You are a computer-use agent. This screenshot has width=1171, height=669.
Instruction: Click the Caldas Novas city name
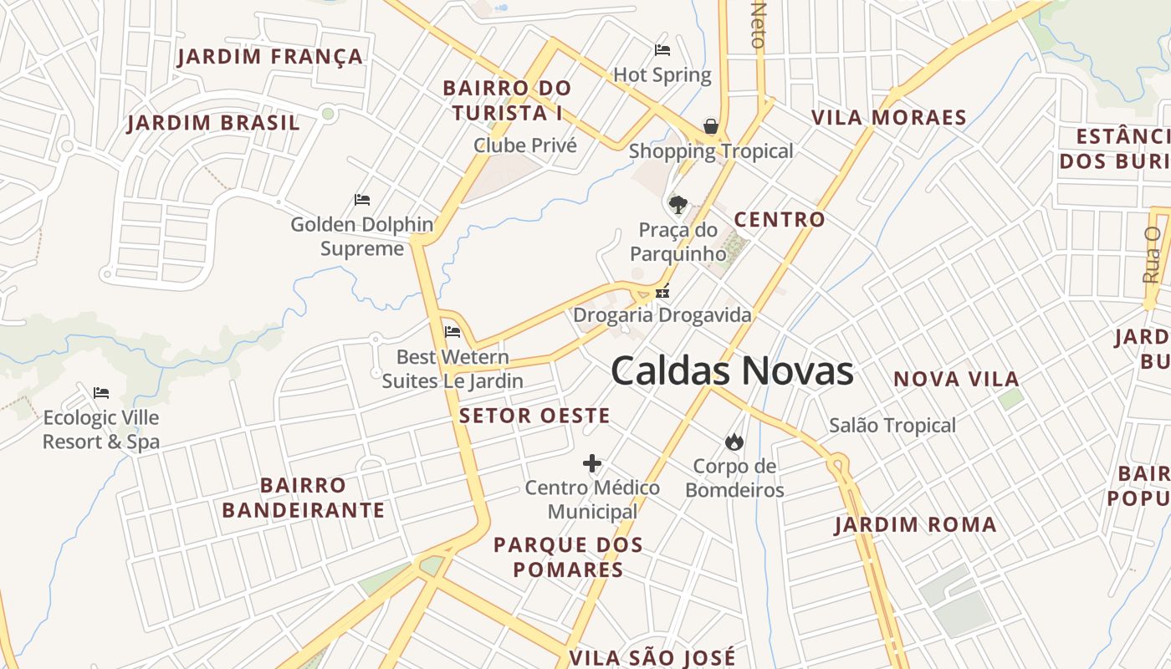(732, 371)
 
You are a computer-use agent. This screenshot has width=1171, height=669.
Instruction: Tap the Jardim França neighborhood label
(270, 57)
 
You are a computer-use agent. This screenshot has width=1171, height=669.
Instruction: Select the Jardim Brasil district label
(213, 123)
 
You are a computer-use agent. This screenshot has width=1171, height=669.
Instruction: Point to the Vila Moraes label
(889, 118)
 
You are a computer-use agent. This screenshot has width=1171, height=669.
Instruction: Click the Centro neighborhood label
(780, 220)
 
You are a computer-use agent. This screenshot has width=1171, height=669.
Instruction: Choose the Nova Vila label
(956, 379)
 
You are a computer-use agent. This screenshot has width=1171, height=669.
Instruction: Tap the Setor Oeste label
(534, 416)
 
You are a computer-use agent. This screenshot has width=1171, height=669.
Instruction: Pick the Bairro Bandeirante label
(304, 498)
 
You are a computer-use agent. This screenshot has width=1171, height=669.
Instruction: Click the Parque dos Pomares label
(568, 557)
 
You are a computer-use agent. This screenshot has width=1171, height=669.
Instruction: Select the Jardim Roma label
(916, 525)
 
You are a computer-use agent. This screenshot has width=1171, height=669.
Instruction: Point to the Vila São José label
(652, 657)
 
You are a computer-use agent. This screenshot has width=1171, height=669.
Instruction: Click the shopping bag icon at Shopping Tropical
(711, 127)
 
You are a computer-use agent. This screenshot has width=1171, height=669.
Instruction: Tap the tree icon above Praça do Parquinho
(678, 205)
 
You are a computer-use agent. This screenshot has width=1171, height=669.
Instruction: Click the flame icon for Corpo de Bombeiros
(734, 442)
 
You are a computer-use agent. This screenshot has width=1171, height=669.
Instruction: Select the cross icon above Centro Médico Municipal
(592, 462)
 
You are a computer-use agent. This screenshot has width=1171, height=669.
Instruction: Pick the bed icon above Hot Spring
(662, 50)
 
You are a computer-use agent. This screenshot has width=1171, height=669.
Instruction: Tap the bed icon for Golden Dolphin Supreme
(362, 200)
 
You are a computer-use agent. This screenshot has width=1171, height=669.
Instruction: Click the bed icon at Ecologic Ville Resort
(101, 392)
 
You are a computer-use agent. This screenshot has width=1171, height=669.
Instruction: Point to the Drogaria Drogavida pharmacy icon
(662, 292)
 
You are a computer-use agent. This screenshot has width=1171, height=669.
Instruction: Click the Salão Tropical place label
(892, 426)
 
